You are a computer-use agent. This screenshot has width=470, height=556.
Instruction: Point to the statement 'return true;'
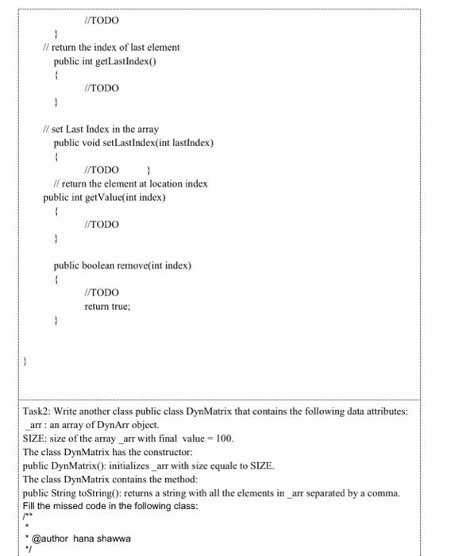pyautogui.click(x=106, y=306)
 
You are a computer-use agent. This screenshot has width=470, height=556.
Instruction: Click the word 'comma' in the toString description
pyautogui.click(x=383, y=493)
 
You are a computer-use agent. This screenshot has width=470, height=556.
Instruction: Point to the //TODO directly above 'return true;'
pyautogui.click(x=102, y=292)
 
